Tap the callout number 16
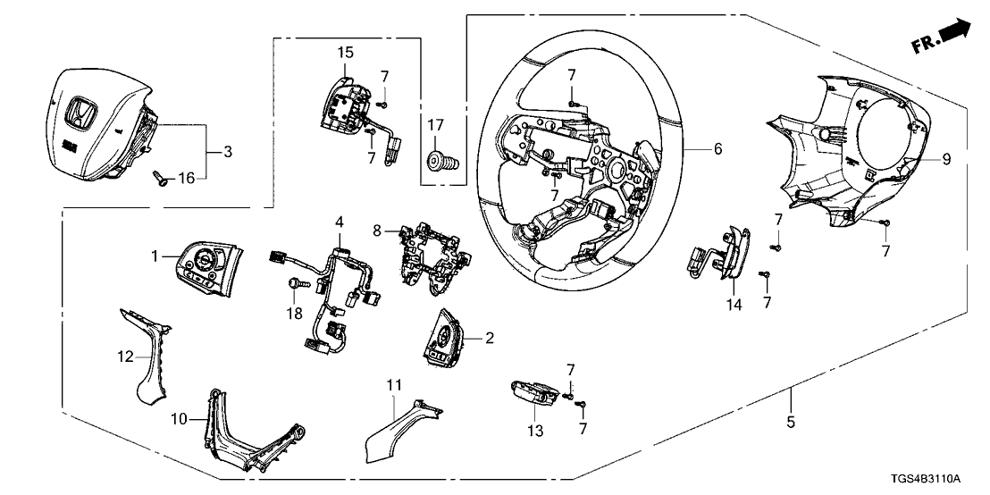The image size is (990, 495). point(185,179)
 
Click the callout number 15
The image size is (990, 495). point(345,53)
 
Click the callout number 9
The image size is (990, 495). point(947,161)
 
